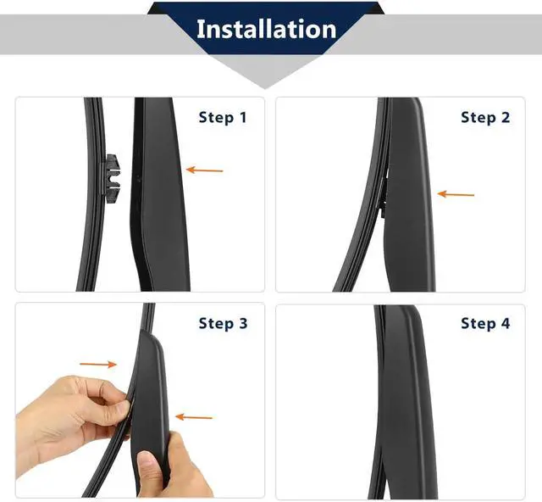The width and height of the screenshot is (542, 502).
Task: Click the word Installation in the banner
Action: [x=267, y=29]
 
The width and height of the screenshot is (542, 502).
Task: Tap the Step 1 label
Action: [x=223, y=117]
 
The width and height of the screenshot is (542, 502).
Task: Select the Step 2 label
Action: [x=485, y=117]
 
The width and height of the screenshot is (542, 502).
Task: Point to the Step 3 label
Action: [x=223, y=323]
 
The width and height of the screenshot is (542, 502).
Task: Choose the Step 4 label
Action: [x=485, y=323]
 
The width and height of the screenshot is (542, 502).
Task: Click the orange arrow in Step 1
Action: [x=205, y=170]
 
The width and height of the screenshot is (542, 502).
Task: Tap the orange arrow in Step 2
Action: [x=456, y=194]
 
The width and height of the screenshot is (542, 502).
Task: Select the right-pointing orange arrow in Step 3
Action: [x=98, y=365]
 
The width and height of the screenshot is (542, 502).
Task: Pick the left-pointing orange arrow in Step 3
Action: [x=194, y=417]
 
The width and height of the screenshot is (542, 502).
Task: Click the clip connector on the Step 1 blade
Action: [x=111, y=179]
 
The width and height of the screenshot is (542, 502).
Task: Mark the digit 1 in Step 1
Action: [x=243, y=117]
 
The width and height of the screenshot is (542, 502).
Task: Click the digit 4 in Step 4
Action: [x=505, y=323]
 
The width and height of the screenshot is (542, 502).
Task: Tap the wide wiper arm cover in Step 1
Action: [x=159, y=194]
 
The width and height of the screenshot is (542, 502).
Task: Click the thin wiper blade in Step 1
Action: [x=92, y=194]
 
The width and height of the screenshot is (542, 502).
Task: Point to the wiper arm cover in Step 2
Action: [x=408, y=194]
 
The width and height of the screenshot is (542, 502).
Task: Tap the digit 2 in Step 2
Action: [x=505, y=117]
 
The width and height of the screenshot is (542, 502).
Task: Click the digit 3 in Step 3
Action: [x=243, y=323]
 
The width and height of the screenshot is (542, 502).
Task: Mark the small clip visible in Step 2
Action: [x=384, y=198]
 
